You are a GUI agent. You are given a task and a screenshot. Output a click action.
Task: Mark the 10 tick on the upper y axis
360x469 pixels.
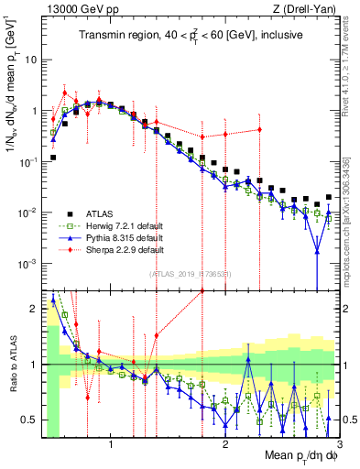[x=32, y=60]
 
